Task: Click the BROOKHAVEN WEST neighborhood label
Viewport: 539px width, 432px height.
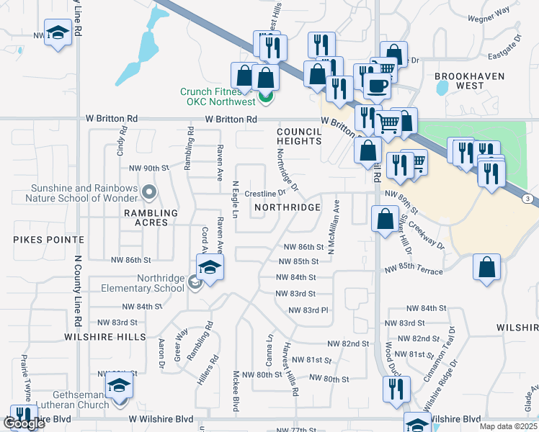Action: pyautogui.click(x=460, y=80)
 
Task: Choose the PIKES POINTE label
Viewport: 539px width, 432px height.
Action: pyautogui.click(x=37, y=238)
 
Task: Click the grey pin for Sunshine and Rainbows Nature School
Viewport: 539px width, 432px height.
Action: pyautogui.click(x=149, y=192)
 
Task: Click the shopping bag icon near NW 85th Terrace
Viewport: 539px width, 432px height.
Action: pyautogui.click(x=487, y=267)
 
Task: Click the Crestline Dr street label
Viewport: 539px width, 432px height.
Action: pyautogui.click(x=265, y=193)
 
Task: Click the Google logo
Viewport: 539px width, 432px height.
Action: pyautogui.click(x=24, y=423)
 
